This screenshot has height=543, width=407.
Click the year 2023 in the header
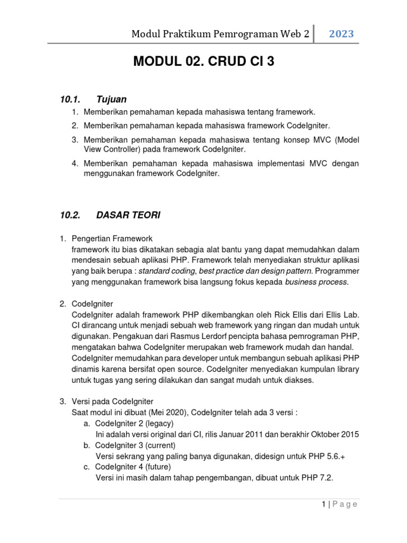click(341, 34)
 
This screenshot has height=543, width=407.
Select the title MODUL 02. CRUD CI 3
click(204, 62)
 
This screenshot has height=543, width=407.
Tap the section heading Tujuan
click(111, 99)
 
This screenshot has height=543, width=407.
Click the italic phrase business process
click(316, 282)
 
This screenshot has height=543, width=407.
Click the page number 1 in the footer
click(323, 504)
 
